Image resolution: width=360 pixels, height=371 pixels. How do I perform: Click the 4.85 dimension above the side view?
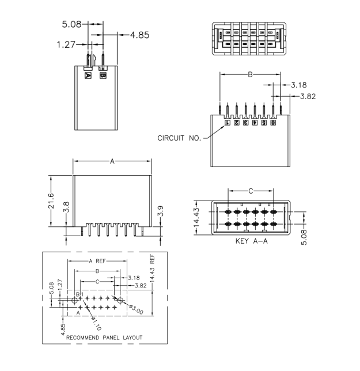pos(139,35)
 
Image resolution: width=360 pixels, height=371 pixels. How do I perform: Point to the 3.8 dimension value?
pos(66,207)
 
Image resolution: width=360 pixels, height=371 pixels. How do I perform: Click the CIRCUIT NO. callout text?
pos(179,138)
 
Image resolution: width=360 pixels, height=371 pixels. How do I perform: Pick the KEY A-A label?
pos(252,242)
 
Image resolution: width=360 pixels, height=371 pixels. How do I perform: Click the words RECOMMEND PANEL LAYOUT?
pos(104,337)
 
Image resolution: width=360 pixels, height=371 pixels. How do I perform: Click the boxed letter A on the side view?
pos(88,75)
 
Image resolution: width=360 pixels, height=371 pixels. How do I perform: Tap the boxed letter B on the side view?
pos(103,75)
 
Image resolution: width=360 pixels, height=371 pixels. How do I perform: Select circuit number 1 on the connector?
pos(228,122)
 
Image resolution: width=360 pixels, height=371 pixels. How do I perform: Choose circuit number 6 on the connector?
pos(272,122)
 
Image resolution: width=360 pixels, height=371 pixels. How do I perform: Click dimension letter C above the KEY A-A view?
pos(250,190)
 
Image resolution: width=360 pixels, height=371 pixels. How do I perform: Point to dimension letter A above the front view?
pos(112,161)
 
